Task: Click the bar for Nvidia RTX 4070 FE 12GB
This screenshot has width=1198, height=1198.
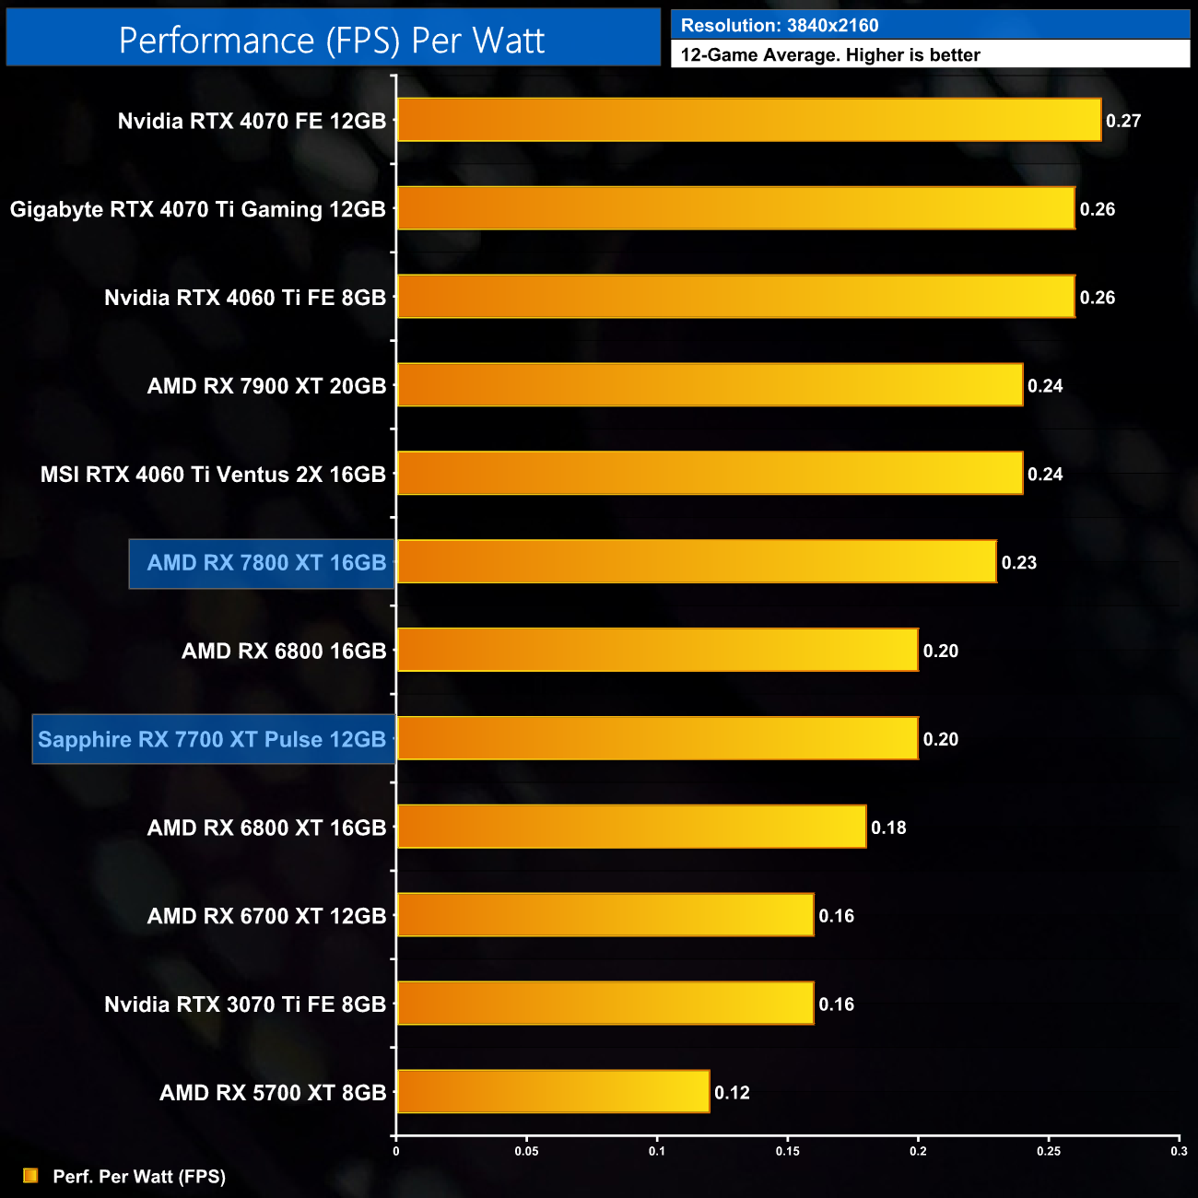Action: click(748, 120)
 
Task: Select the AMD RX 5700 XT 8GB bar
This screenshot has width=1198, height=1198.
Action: click(553, 1091)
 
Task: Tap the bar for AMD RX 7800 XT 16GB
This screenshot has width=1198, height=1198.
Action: click(697, 561)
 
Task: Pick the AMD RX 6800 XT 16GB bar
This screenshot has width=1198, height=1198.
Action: click(631, 827)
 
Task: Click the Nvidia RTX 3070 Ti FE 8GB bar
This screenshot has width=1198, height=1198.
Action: click(605, 1003)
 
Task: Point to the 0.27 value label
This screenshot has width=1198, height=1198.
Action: click(1123, 121)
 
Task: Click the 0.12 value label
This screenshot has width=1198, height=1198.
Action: click(732, 1093)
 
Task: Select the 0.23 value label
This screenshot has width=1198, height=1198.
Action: click(1018, 562)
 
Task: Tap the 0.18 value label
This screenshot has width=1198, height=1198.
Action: click(888, 828)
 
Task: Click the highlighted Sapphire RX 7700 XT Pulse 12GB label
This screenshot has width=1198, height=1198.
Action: click(212, 739)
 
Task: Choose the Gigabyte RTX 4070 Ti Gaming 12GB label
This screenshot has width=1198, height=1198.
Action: click(197, 209)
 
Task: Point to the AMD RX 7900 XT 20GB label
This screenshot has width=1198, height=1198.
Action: click(266, 386)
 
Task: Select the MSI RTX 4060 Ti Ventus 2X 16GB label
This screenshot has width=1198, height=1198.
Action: click(213, 475)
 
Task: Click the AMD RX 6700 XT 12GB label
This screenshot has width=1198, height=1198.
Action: click(266, 916)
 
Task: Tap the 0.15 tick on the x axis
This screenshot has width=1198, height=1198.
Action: click(787, 1151)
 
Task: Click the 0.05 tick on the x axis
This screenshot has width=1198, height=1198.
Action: click(526, 1151)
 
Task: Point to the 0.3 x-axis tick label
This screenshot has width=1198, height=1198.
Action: click(1179, 1151)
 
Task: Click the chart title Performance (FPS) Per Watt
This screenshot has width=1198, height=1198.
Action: click(332, 41)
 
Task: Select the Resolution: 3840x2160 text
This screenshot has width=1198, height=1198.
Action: click(780, 26)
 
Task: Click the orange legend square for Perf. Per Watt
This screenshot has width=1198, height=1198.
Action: click(30, 1176)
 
